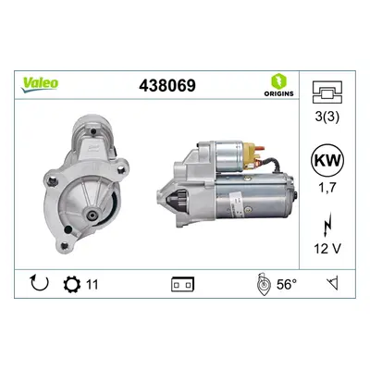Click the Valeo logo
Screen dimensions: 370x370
pyautogui.click(x=39, y=84)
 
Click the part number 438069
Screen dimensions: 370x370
pyautogui.click(x=167, y=85)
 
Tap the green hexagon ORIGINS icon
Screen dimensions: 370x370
pyautogui.click(x=278, y=80)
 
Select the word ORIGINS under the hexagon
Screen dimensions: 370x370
pyautogui.click(x=278, y=93)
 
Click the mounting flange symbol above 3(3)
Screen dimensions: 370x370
pyautogui.click(x=327, y=92)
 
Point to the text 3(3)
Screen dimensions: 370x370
pyautogui.click(x=327, y=117)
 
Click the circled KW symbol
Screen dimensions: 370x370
pyautogui.click(x=327, y=161)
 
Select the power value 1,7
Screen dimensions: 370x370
pyautogui.click(x=327, y=187)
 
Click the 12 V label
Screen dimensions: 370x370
pyautogui.click(x=327, y=249)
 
